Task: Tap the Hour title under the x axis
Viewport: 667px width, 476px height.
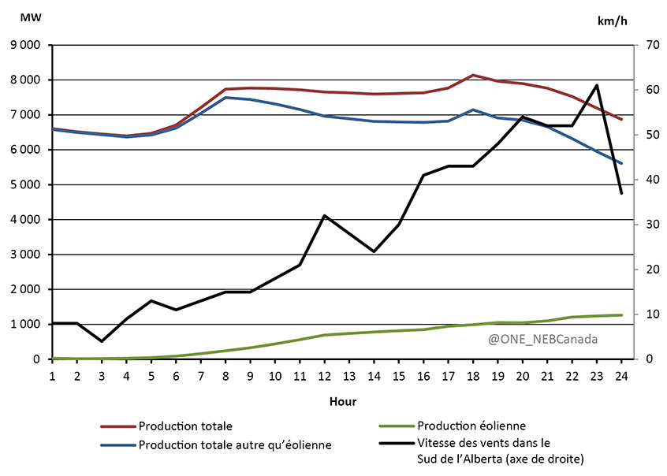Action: click(x=343, y=401)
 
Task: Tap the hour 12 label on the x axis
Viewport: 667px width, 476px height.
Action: click(x=325, y=375)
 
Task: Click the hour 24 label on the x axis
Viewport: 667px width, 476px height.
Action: click(x=621, y=375)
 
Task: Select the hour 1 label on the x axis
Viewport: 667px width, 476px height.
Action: click(x=52, y=375)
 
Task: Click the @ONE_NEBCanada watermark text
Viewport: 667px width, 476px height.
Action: click(x=543, y=340)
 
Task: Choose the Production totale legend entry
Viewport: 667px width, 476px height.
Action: click(x=185, y=426)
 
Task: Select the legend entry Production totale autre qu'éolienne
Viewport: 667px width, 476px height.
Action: click(x=235, y=445)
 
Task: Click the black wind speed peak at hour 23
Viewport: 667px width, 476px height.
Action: click(x=597, y=85)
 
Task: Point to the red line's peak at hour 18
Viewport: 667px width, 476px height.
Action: click(x=473, y=75)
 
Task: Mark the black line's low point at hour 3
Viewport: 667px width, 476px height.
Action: click(x=102, y=341)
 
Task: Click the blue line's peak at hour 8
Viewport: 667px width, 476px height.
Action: click(x=225, y=98)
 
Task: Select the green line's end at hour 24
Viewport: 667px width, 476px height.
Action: click(x=621, y=315)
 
